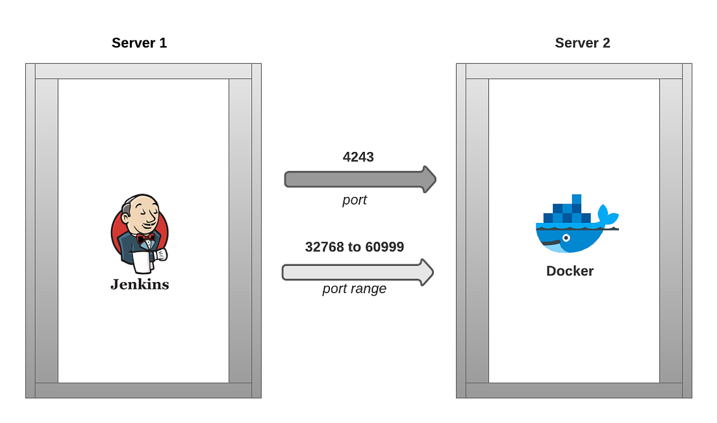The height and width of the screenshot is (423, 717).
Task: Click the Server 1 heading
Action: pos(139,44)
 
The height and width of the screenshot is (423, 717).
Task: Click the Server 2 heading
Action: pos(582,44)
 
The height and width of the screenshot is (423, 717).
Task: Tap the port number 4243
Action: pos(358,157)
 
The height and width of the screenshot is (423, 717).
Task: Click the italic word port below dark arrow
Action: pos(355,200)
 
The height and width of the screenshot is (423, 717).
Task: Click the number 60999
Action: pos(384,247)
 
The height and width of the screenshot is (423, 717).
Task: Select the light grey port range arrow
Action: pos(351,272)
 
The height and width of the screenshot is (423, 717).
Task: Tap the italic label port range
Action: pos(354,288)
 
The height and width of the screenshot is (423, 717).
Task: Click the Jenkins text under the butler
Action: pos(139,284)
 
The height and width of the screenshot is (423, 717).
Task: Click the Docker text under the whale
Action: pos(570,271)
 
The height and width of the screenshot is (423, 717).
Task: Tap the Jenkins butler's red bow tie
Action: pos(145,238)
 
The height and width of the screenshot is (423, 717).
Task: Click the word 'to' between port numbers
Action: pos(355,247)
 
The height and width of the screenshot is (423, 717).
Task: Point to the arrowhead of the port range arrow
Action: pos(431,272)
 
